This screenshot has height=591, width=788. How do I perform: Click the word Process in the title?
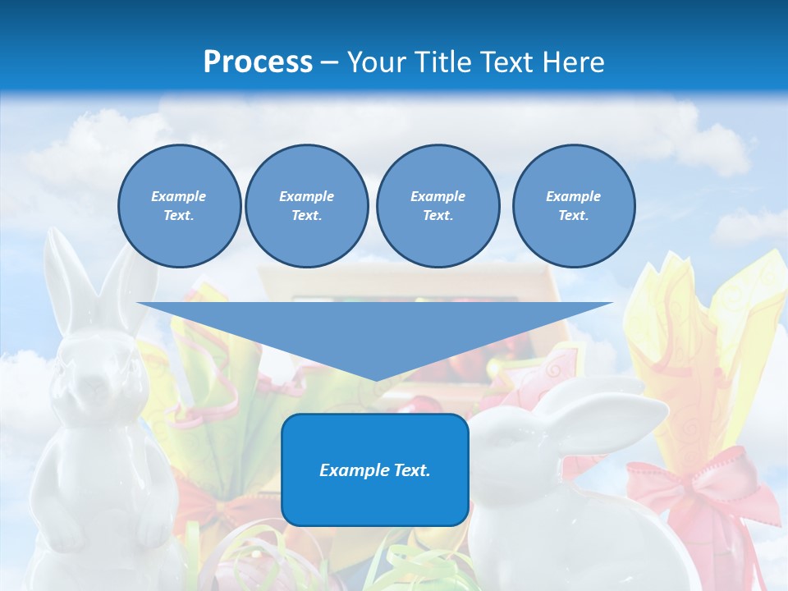tap(258, 62)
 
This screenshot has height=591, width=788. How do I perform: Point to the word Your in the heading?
tap(376, 62)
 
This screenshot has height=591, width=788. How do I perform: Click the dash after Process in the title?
tap(329, 62)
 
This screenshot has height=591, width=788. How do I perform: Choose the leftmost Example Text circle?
tap(179, 206)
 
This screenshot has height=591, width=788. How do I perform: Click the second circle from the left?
tap(306, 206)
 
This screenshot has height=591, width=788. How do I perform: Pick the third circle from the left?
tap(438, 206)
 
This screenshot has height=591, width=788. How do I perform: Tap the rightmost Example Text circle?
tap(574, 206)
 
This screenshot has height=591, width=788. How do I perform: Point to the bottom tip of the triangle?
tap(375, 379)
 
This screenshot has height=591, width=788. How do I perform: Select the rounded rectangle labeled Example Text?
tap(375, 470)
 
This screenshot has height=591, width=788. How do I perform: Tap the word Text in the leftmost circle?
tap(179, 216)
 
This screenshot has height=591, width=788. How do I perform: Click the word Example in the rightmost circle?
tap(574, 196)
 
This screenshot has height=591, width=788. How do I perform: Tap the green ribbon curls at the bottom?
tap(410, 562)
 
